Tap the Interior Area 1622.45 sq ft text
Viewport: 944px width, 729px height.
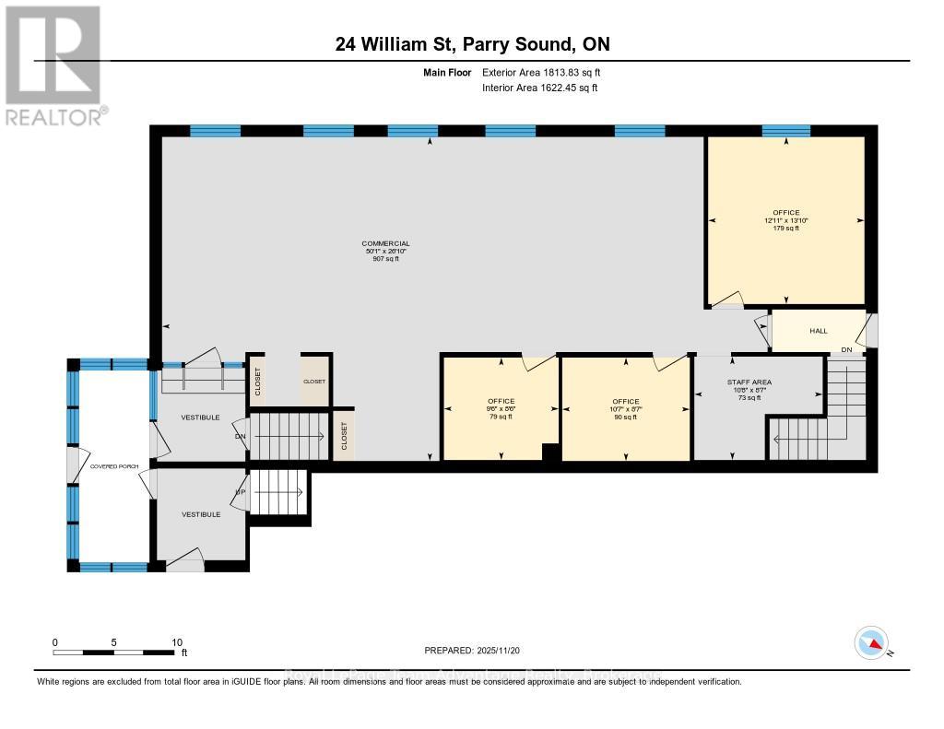540,88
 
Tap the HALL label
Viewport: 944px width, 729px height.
818,331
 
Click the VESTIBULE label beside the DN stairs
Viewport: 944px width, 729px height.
200,417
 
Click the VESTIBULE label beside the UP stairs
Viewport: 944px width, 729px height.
200,514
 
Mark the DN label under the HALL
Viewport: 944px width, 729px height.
846,350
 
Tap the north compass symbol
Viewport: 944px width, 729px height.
871,641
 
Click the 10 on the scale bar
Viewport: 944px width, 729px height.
176,642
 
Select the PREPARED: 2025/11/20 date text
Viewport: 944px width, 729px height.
472,650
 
